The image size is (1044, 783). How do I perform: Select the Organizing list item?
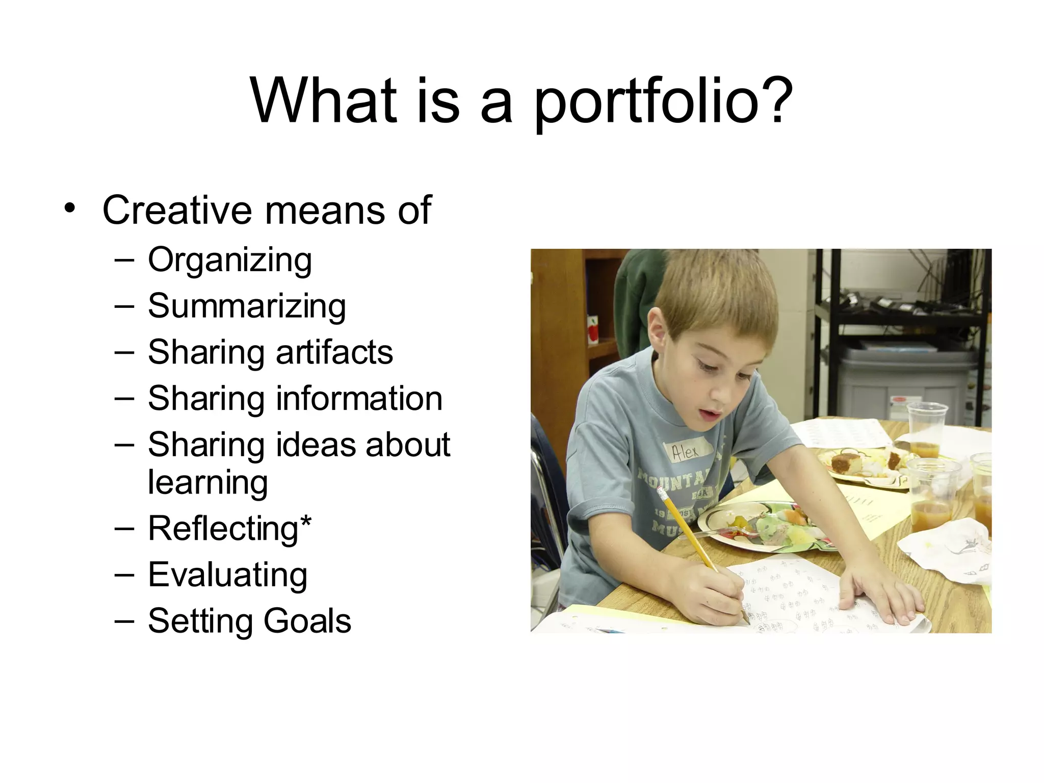(229, 260)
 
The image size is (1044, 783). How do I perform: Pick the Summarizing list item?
(247, 306)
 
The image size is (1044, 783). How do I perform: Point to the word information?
(359, 398)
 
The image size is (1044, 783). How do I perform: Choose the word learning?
(207, 482)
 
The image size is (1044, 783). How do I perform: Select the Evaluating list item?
(227, 575)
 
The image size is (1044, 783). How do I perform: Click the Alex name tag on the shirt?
(686, 451)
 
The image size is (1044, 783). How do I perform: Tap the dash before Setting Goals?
(124, 620)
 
